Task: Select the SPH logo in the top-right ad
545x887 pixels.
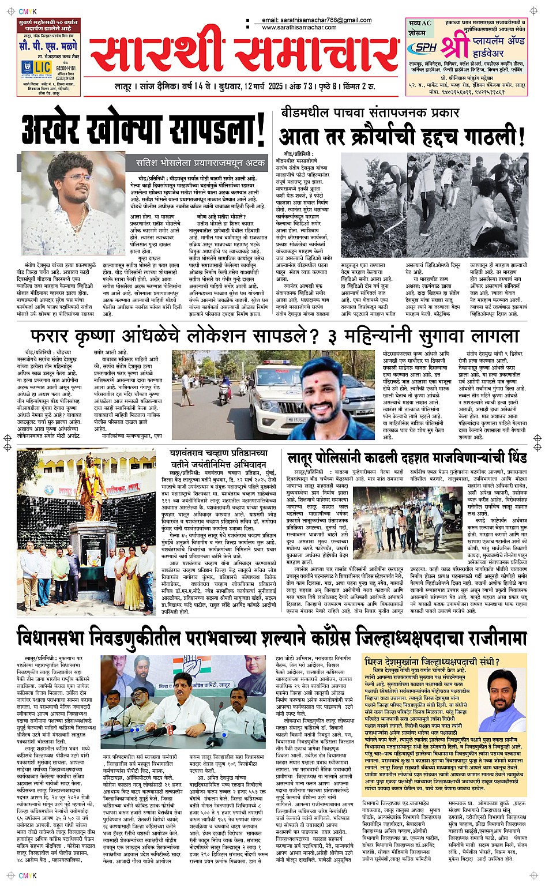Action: (x=426, y=47)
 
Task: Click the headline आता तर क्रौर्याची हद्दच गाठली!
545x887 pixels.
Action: (x=402, y=136)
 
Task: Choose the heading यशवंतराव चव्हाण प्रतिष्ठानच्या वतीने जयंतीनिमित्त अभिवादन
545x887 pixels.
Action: (x=218, y=459)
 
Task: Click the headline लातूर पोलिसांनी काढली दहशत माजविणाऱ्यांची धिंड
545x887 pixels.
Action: (x=407, y=458)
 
